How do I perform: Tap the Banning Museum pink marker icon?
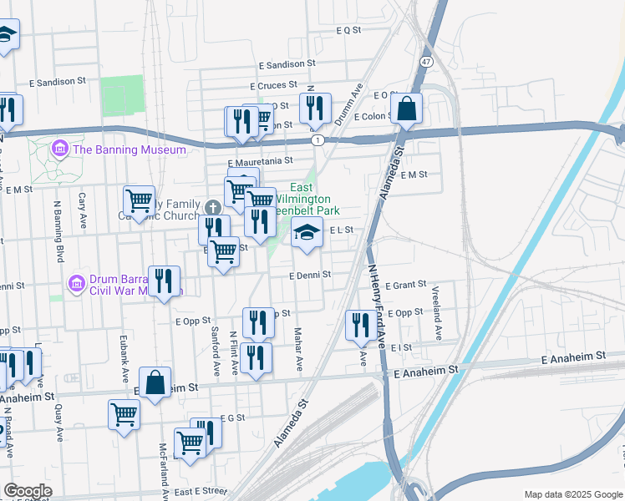[59, 149]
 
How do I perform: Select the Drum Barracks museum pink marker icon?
[76, 284]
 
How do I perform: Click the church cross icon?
[213, 206]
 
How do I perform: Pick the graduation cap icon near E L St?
[307, 233]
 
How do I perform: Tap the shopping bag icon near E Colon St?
[406, 108]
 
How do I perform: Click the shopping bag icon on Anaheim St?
[155, 383]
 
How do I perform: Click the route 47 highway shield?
[427, 62]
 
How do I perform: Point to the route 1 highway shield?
[318, 140]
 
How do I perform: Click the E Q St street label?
[348, 29]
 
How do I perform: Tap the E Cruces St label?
[273, 85]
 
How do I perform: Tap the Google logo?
[28, 491]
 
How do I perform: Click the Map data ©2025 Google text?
[572, 494]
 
